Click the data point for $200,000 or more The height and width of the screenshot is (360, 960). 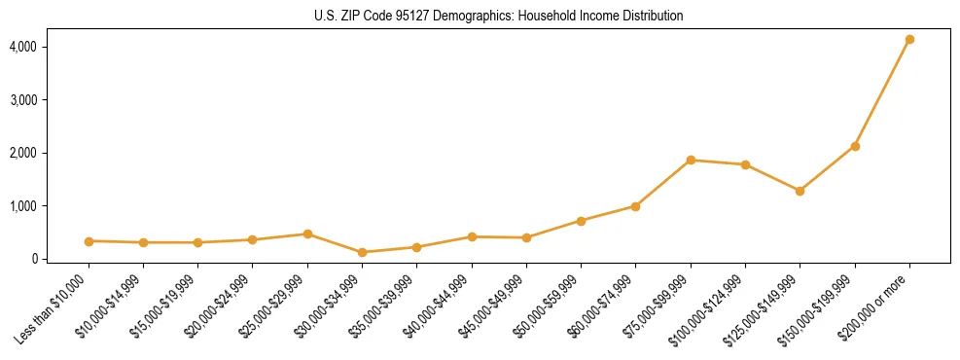pyautogui.click(x=909, y=40)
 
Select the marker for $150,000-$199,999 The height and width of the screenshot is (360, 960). pyautogui.click(x=855, y=146)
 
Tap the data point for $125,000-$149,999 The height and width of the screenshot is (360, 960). pyautogui.click(x=800, y=191)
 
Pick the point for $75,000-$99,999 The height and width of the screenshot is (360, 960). pyautogui.click(x=691, y=160)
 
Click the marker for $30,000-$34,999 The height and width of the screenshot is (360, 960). pyautogui.click(x=362, y=252)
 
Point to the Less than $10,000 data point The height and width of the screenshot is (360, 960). pyautogui.click(x=89, y=241)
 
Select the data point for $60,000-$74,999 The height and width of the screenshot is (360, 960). pyautogui.click(x=635, y=206)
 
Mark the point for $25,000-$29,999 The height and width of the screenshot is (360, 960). pyautogui.click(x=307, y=234)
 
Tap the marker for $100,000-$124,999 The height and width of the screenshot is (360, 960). pyautogui.click(x=745, y=164)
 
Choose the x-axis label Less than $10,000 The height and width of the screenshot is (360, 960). pyautogui.click(x=52, y=310)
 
